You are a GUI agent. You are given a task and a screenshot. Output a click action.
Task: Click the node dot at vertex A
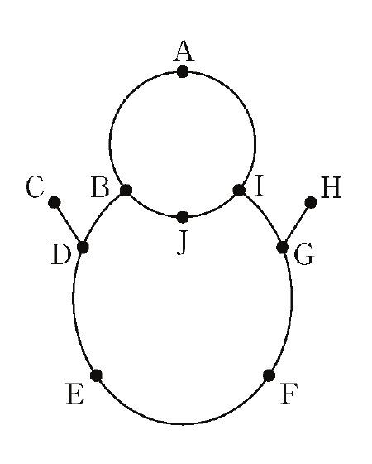pos(183,71)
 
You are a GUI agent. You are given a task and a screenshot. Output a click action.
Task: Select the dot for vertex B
pos(126,190)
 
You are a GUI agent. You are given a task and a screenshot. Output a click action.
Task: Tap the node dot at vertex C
pos(55,203)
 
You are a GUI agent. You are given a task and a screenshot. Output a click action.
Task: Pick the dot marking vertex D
pos(83,247)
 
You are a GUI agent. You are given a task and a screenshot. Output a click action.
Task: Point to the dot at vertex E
pos(96,375)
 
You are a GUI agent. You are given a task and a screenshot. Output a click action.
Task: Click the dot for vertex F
pos(269,375)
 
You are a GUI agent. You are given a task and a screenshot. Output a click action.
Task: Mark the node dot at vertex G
pos(283,247)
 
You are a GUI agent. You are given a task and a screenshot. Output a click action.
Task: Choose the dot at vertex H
pos(311,203)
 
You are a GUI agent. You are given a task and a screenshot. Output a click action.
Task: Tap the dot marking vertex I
pos(239,190)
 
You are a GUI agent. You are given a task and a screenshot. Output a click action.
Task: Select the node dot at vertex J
pos(183,217)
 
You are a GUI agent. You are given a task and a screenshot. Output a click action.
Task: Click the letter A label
pos(184,51)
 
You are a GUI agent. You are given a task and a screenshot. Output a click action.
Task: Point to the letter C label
pos(35,186)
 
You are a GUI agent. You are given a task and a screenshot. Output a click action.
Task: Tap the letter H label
pos(331,187)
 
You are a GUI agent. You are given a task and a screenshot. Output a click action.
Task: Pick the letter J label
pos(182,244)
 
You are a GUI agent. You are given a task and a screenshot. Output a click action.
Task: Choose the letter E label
pos(76,394)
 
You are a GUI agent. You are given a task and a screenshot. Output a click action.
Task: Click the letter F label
pos(289,394)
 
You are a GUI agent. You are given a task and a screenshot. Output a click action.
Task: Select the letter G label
pos(304,254)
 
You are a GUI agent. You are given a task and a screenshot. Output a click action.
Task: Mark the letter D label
pos(61,254)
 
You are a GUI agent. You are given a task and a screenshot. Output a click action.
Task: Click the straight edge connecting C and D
pos(69,225)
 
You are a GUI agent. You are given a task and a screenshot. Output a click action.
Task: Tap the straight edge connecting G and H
pos(297,225)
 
